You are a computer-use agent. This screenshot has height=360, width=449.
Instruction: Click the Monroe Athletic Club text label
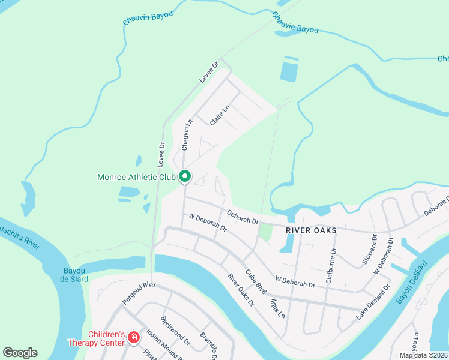pyautogui.click(x=136, y=177)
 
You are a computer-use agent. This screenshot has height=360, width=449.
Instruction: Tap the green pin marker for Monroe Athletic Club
pyautogui.click(x=185, y=177)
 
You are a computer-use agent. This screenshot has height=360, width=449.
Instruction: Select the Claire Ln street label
pyautogui.click(x=220, y=116)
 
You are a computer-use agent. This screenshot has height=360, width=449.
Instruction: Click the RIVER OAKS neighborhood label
pyautogui.click(x=310, y=230)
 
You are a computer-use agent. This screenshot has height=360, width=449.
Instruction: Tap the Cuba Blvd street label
pyautogui.click(x=256, y=280)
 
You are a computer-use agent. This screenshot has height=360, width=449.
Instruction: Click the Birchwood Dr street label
pyautogui.click(x=176, y=331)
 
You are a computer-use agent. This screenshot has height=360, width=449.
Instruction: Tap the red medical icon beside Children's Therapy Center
pyautogui.click(x=133, y=339)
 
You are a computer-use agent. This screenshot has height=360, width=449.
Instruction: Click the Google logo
pyautogui.click(x=20, y=353)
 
